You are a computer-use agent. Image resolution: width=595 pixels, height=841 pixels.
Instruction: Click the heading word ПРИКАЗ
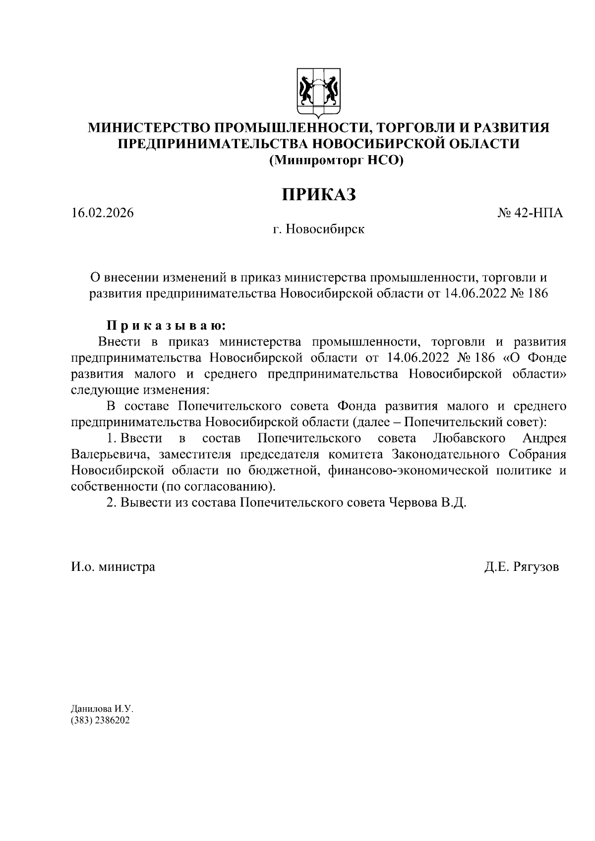pos(319,194)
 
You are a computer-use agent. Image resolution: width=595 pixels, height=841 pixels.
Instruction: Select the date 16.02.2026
pos(103,213)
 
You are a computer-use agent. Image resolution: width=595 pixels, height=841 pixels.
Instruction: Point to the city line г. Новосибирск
pos(318,229)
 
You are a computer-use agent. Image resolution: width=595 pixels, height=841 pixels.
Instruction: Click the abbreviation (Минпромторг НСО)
pos(336,160)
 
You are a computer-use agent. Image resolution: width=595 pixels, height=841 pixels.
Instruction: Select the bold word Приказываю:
pos(167,326)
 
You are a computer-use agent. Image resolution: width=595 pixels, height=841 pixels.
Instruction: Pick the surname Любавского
pos(469,438)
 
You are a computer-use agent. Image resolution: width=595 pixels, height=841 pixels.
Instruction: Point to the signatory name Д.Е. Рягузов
pos(522,566)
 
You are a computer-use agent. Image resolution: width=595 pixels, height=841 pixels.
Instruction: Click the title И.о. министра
pos(113,566)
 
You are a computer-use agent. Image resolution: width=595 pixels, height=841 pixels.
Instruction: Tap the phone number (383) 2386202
pos(100,721)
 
